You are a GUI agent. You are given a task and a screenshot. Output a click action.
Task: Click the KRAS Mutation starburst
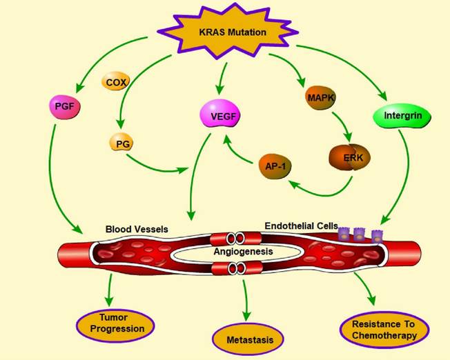pos(222,32)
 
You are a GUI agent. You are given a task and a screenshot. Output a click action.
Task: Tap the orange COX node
pos(117,83)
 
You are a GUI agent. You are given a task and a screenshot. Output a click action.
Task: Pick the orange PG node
pos(121,143)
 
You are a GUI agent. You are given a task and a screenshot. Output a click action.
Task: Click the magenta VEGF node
pos(219,116)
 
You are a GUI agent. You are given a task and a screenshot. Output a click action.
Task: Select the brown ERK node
pos(347,157)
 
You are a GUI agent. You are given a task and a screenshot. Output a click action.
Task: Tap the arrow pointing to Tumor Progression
pos(108,290)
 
